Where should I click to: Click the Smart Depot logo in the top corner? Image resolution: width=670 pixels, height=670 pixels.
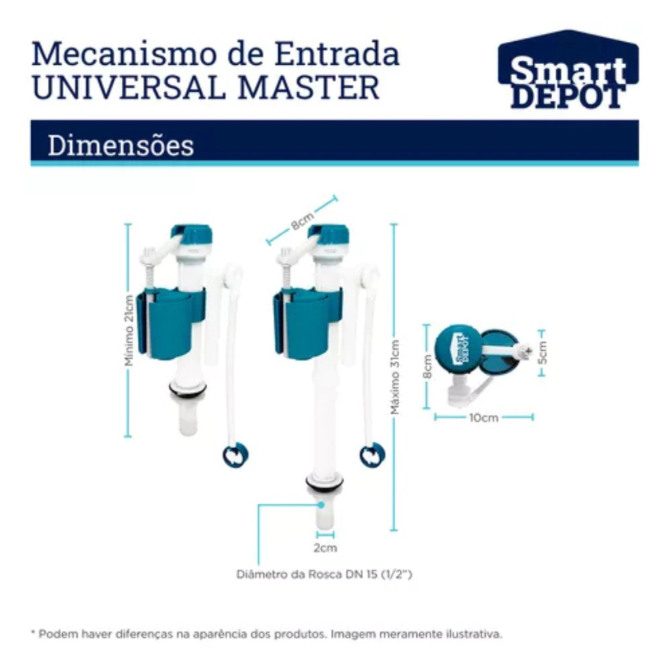[569, 69]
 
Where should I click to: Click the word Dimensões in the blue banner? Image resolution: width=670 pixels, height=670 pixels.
[121, 145]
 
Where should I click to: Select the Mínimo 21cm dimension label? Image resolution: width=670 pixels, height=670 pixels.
[129, 330]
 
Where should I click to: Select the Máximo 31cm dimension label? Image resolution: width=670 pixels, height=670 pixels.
[395, 377]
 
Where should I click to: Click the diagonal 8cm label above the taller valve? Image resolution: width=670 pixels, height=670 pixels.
[302, 220]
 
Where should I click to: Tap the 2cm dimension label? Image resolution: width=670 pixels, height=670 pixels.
[325, 548]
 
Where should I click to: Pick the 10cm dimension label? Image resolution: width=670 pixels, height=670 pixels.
[484, 417]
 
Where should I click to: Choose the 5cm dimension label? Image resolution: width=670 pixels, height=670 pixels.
[542, 353]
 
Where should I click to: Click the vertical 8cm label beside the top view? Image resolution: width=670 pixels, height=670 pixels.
[427, 366]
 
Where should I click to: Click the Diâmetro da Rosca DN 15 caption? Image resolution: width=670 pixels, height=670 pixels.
[325, 574]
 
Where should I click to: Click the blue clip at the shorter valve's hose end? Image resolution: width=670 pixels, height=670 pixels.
[236, 455]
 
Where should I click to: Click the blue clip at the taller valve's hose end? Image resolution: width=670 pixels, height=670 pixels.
[372, 455]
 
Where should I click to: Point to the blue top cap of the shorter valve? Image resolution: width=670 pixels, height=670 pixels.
[192, 238]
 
